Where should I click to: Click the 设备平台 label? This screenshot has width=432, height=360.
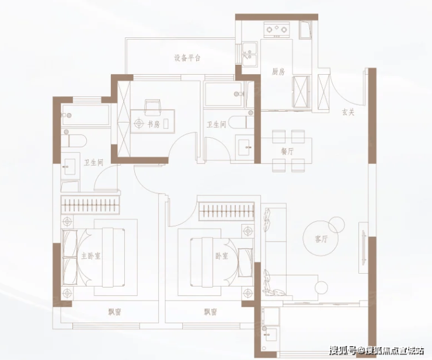pos(187,58)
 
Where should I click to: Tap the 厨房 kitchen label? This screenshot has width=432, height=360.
pos(278,72)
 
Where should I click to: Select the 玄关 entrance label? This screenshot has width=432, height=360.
pos(349,113)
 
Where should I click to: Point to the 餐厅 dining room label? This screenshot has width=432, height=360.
pos(287,152)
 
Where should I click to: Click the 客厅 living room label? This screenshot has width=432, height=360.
pos(321,239)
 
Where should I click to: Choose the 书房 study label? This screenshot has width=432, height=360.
pos(154,124)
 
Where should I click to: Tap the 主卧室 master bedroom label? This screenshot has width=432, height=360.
pos(90,256)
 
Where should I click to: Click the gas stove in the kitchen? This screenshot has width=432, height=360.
pos(277,29)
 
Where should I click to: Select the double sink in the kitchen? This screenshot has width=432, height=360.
pos(250,54)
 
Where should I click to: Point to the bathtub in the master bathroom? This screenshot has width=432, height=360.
pos(85,115)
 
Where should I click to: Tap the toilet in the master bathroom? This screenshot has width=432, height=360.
pos(74,140)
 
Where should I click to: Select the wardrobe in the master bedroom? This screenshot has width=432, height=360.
pos(90,205)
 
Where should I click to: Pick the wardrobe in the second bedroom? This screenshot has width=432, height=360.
pos(226,211)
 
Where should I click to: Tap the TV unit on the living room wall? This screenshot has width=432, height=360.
pos(363,247)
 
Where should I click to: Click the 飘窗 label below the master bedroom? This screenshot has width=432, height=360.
pos(114,312)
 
